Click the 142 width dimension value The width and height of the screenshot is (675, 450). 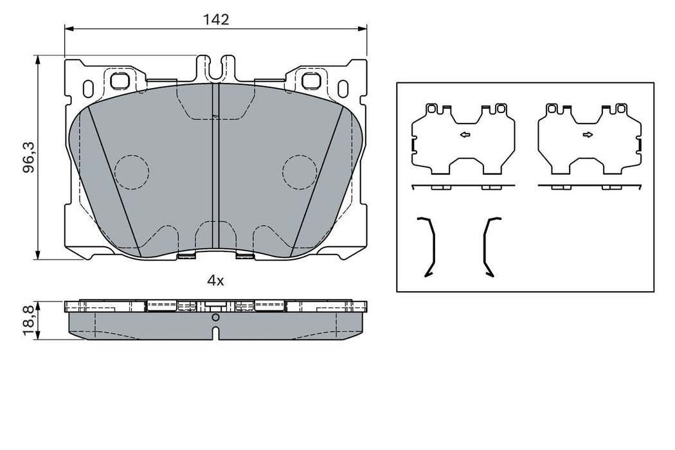coord(217,20)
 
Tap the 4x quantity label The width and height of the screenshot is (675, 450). coord(215,280)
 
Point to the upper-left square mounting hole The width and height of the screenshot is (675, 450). coord(120,81)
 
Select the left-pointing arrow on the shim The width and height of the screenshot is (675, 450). coord(464,134)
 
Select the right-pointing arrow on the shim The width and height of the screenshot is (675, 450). coord(588,134)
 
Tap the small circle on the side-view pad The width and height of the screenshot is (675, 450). coord(215,318)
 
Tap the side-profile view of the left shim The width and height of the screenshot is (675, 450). coord(463,186)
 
